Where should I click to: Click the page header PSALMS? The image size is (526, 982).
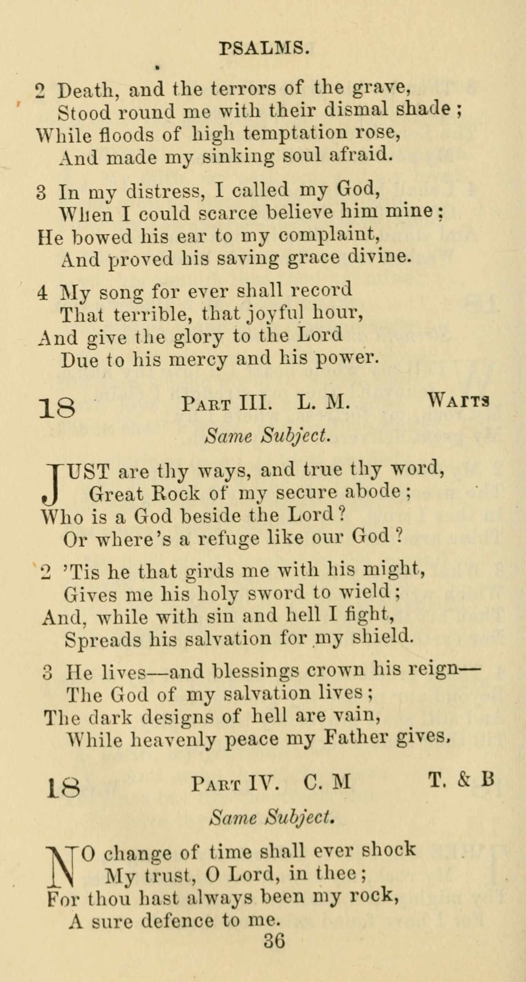[264, 48]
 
